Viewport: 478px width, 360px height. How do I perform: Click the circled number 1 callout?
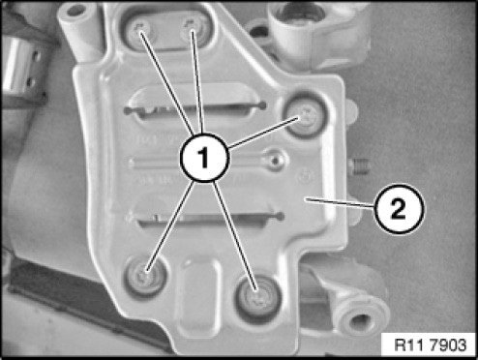[x=204, y=158]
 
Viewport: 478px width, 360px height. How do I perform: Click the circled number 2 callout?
[x=400, y=209]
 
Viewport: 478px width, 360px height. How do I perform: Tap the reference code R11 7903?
[x=431, y=345]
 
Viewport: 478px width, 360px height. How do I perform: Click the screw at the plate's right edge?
[x=305, y=116]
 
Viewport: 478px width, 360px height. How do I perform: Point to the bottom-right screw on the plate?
[x=258, y=299]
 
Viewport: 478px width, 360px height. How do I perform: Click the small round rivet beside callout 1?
[x=275, y=160]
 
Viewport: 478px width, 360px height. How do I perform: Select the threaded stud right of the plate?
[x=359, y=166]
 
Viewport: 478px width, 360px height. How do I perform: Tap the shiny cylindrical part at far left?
[x=18, y=69]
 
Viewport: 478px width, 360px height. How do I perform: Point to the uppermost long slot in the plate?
[x=195, y=108]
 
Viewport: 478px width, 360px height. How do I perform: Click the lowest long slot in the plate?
[x=206, y=219]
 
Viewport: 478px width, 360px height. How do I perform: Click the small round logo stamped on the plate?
[x=306, y=176]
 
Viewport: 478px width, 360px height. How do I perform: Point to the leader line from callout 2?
[x=340, y=203]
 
